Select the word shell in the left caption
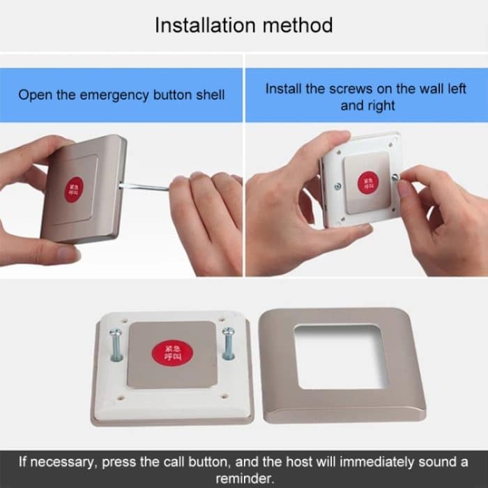point(210,94)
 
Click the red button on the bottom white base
point(171,351)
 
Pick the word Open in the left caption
point(33,94)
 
